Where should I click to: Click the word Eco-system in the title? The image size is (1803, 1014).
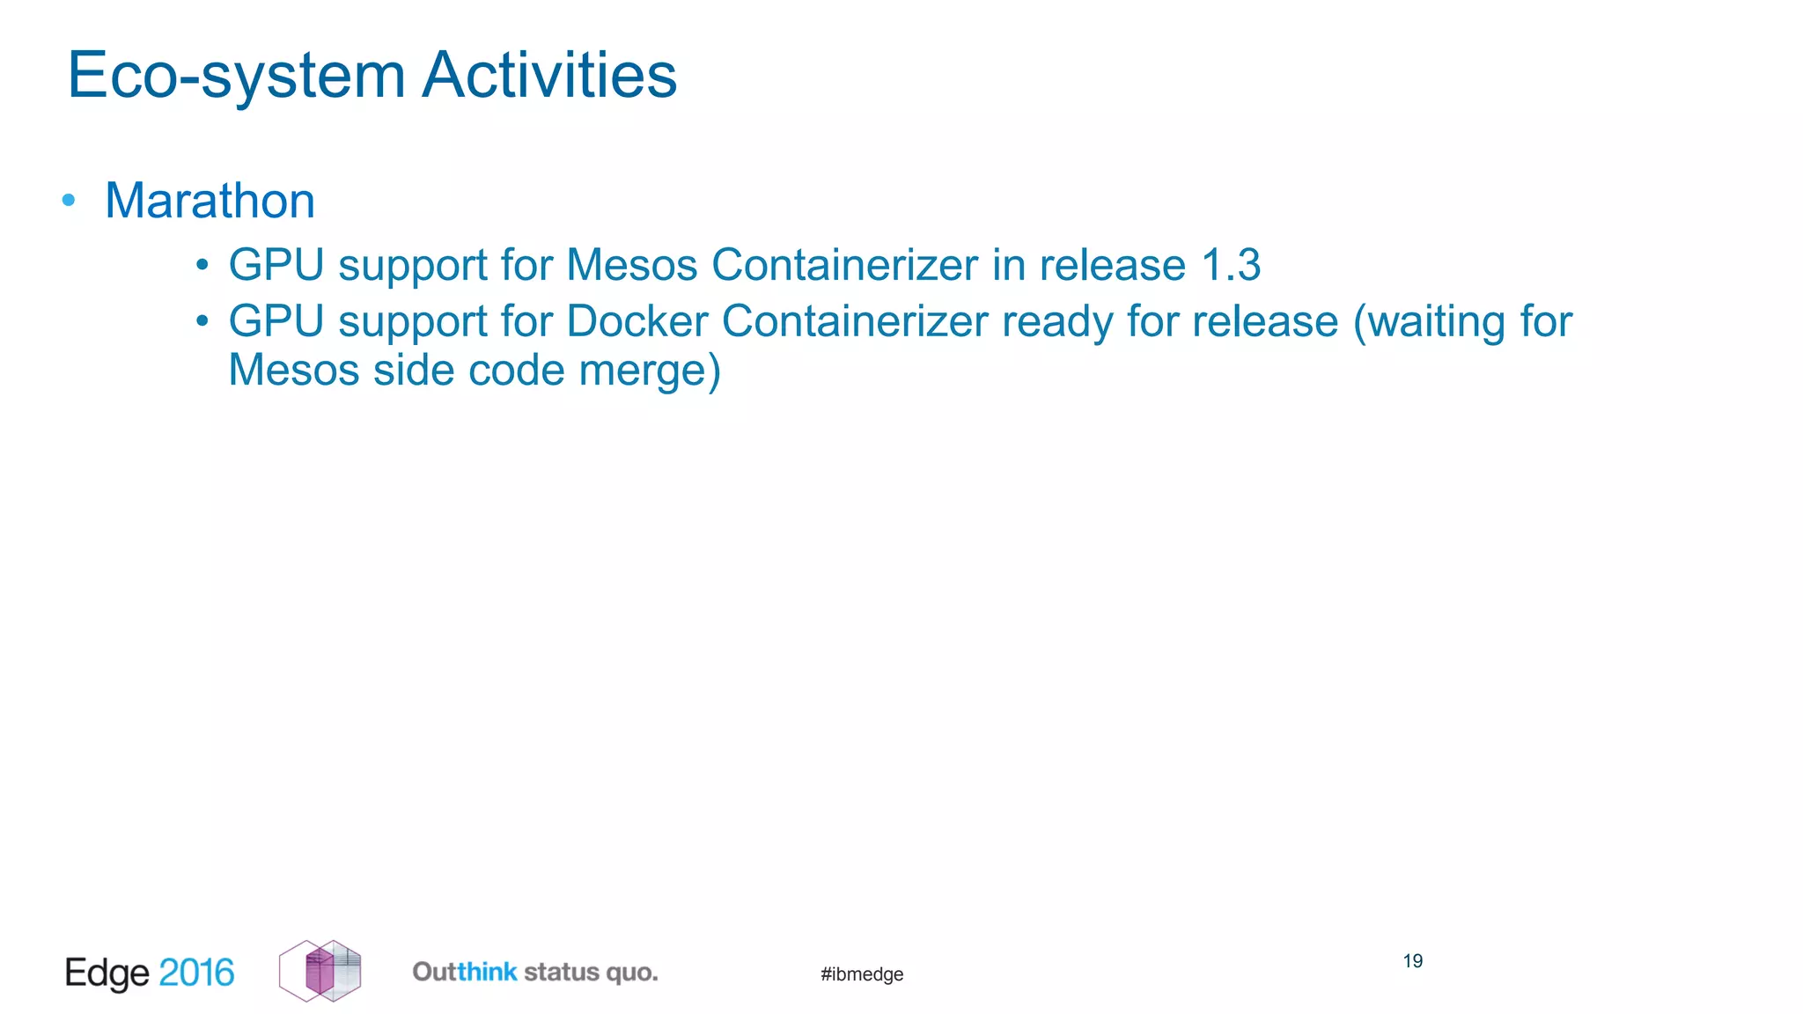tap(236, 76)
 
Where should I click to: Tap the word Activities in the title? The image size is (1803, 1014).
tap(549, 76)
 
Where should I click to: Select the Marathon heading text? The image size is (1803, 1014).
tap(210, 201)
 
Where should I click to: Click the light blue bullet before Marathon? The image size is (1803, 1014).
tap(69, 201)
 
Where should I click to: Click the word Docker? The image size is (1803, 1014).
tap(637, 321)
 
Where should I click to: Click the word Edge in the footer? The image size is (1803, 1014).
tap(107, 973)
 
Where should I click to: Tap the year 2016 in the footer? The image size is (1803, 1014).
tap(196, 973)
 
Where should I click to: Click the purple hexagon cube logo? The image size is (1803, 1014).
tap(320, 971)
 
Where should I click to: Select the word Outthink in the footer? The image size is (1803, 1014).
tap(464, 972)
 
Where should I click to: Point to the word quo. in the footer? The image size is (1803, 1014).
tap(631, 973)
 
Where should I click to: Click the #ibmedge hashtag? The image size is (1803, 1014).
tap(862, 974)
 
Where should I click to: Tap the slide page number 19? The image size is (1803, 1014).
tap(1413, 961)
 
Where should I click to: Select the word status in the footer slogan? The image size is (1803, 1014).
tap(561, 972)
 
